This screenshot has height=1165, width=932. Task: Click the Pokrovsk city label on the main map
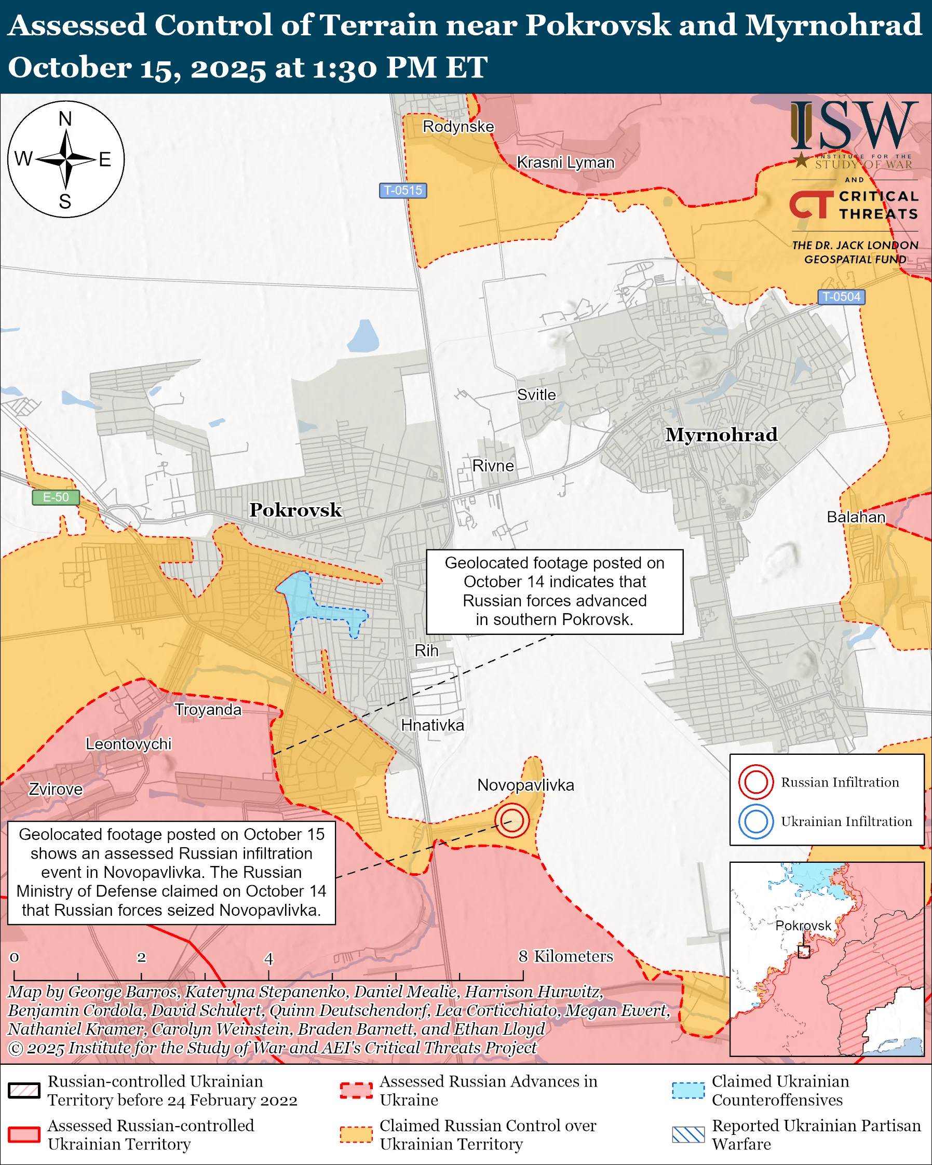[x=295, y=509]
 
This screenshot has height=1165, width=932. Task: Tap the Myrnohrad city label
[x=721, y=435]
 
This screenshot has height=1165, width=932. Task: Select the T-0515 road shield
[x=402, y=190]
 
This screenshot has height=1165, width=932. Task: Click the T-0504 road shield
[x=841, y=296]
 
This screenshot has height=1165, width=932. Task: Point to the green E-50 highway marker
[x=56, y=497]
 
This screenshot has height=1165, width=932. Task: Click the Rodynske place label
[x=458, y=127]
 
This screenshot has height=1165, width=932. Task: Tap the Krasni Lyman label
[x=565, y=162]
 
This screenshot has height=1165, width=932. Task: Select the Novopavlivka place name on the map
[x=525, y=784]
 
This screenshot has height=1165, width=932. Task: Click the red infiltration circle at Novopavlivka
[x=511, y=820]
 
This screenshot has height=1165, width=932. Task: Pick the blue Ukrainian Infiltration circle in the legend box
[x=755, y=821]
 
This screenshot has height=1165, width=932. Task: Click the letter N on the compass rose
[x=65, y=119]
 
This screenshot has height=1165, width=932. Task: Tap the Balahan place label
[x=856, y=517]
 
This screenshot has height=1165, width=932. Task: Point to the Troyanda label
[x=208, y=710]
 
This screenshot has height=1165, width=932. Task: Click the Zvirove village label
[x=56, y=789]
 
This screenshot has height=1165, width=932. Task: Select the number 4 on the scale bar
[x=268, y=958]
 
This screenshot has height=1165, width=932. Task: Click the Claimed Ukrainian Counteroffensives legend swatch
[x=688, y=1090]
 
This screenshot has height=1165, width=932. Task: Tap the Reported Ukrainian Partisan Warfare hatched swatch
[x=688, y=1135]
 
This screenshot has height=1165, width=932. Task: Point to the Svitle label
[x=536, y=395]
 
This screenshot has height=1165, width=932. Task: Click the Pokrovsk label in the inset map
[x=803, y=926]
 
